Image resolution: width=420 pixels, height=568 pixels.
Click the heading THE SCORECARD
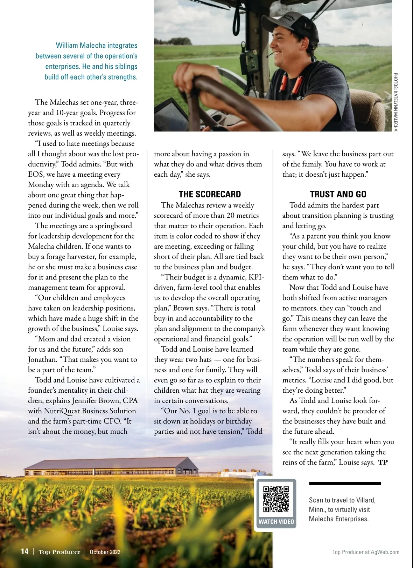pos(210,194)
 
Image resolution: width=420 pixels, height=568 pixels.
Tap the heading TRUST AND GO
pos(338,194)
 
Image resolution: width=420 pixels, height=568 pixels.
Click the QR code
pos(276,499)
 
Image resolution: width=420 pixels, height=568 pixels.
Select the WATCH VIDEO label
pos(276,522)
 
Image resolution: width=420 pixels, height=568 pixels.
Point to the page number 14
pos(24,552)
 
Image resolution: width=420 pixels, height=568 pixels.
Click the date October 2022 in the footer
pos(105,552)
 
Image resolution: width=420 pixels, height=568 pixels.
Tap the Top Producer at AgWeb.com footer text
pos(366,552)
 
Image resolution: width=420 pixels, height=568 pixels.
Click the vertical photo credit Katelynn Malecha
pos(395,102)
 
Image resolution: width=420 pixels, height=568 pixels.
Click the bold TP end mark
pos(383,462)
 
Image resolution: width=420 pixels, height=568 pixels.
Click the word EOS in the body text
pos(36,174)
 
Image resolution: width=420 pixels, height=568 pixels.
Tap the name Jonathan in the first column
pos(42,360)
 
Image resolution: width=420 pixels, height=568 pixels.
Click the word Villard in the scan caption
pos(366,500)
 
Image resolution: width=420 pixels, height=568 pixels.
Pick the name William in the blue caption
pos(67,46)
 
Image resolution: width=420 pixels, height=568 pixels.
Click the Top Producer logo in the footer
pos(59,552)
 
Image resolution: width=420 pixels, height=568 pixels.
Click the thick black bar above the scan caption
pos(345,484)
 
